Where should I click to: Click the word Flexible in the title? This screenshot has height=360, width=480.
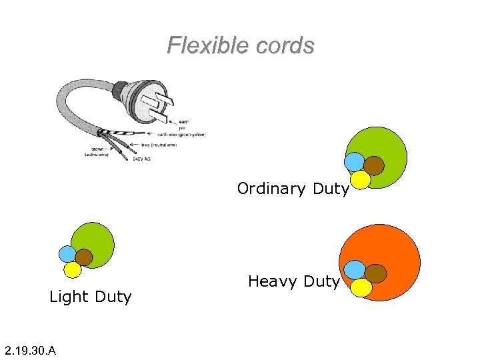[201, 45]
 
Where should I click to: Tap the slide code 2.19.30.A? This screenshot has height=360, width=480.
[30, 350]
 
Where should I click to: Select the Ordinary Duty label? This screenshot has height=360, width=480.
[293, 189]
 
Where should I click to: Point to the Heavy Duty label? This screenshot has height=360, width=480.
[293, 282]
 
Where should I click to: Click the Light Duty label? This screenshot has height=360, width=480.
[90, 297]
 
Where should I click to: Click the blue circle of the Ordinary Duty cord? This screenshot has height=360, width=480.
[354, 162]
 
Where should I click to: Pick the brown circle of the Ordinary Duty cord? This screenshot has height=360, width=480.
[375, 165]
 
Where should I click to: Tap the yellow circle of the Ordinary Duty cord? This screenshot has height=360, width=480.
[361, 179]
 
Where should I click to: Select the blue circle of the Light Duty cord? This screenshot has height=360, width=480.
[67, 254]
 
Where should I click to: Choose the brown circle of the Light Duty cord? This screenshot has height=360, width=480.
[84, 257]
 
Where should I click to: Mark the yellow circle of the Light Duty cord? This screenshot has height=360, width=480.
[72, 269]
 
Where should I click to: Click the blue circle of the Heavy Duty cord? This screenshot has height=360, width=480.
[355, 269]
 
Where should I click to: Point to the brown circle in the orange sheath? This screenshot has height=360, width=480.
[376, 273]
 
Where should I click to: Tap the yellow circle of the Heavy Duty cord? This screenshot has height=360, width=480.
[361, 287]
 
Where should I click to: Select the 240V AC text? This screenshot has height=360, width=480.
[141, 159]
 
